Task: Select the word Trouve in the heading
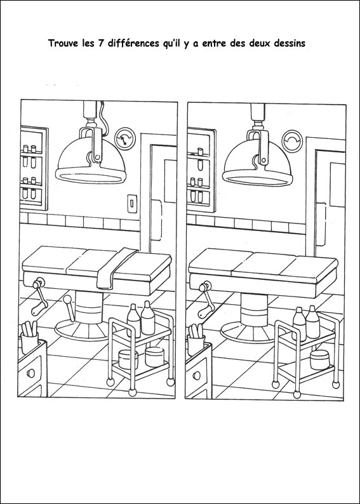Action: click(63, 43)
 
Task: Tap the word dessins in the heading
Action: click(290, 43)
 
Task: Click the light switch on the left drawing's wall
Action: click(132, 204)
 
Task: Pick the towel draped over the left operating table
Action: click(116, 268)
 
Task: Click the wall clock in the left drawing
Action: click(125, 138)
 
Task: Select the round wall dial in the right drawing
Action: click(292, 140)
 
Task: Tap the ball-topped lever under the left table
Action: click(69, 308)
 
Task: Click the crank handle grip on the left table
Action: click(39, 308)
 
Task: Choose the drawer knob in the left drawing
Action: click(31, 373)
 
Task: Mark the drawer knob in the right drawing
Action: click(197, 375)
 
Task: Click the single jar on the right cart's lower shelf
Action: click(320, 360)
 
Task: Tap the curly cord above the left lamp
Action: click(103, 118)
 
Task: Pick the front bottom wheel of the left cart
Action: click(132, 392)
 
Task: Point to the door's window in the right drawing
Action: click(338, 185)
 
